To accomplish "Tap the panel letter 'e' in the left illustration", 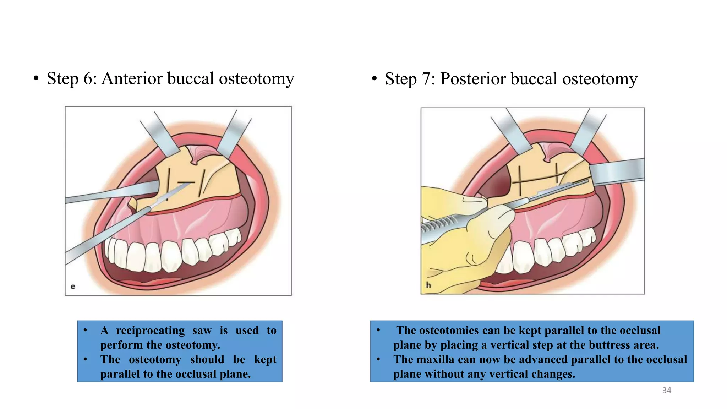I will click(73, 287).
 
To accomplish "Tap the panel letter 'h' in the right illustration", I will click(428, 285).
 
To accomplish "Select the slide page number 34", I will click(667, 391).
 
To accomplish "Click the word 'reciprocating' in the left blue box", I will click(150, 331).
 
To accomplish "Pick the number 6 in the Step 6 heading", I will click(88, 79).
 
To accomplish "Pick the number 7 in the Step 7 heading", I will click(426, 79).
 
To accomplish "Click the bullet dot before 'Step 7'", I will click(374, 78).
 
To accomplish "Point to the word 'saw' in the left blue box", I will click(202, 331).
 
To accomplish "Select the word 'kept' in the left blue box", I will click(265, 360).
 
